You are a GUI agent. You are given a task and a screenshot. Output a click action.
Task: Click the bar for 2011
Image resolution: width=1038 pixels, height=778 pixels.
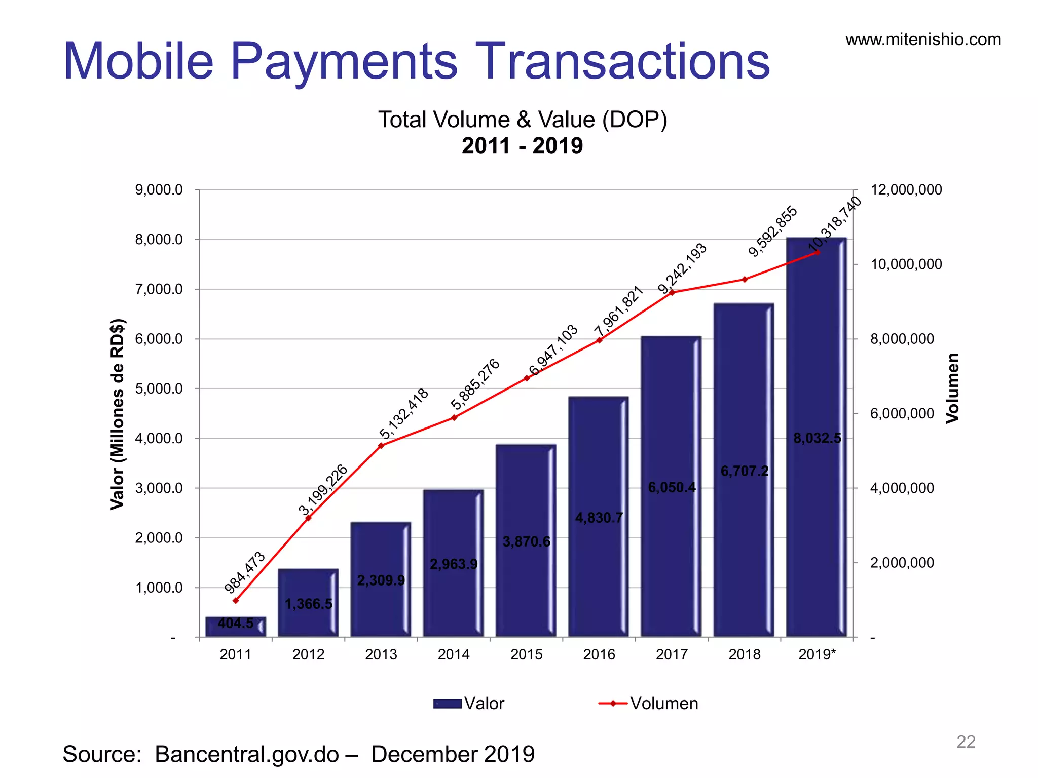click(x=235, y=627)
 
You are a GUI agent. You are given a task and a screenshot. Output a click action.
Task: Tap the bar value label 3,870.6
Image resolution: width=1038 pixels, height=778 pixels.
click(x=526, y=541)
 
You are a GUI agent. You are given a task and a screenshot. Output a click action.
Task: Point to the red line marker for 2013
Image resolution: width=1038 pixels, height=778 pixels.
click(x=381, y=446)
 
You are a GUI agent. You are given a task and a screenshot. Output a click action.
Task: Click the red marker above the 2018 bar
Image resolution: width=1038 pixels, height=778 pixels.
click(x=745, y=279)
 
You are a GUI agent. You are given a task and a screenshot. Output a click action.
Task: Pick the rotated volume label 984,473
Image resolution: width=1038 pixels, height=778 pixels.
click(x=245, y=572)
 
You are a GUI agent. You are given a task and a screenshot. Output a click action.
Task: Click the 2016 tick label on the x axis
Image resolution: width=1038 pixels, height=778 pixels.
click(x=599, y=654)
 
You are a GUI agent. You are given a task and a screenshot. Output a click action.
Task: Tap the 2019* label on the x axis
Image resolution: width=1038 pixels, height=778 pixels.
click(x=817, y=654)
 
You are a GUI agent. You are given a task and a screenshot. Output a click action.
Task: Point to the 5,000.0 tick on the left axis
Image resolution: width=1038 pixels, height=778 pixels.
click(x=159, y=389)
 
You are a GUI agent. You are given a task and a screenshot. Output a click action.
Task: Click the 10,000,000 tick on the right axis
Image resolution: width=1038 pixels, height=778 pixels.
click(x=906, y=264)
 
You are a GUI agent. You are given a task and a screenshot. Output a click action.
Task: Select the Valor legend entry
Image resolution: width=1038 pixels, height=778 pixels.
click(x=469, y=704)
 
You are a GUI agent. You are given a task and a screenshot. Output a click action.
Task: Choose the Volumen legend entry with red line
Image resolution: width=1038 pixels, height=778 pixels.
click(x=649, y=704)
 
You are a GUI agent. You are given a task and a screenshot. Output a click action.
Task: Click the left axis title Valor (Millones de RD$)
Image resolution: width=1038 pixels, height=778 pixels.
click(x=117, y=414)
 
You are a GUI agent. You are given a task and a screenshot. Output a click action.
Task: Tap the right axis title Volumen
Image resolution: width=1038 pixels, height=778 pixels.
click(x=952, y=388)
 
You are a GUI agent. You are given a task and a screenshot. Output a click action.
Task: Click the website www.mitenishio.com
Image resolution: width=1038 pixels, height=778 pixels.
click(x=923, y=40)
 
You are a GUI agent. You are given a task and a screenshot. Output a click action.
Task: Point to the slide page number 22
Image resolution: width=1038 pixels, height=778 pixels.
click(x=966, y=742)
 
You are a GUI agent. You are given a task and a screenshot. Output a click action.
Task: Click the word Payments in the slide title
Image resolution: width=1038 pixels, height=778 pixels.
click(x=344, y=62)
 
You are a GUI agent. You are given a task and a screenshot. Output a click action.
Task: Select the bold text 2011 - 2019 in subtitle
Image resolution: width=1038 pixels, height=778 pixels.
click(x=522, y=146)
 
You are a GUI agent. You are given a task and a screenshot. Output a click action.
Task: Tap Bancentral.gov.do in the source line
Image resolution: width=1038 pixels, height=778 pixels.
click(x=247, y=754)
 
